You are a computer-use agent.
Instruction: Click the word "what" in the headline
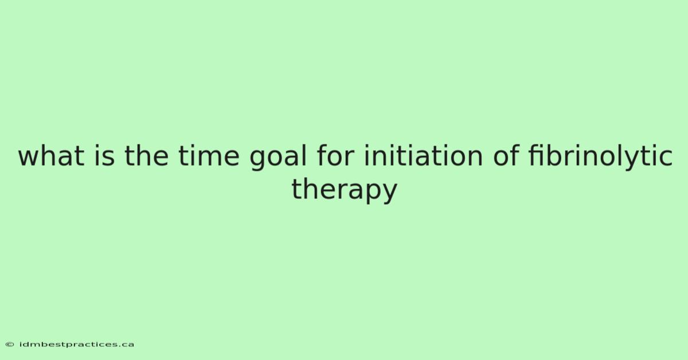pyautogui.click(x=51, y=156)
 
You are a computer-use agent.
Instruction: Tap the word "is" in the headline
pyautogui.click(x=104, y=156)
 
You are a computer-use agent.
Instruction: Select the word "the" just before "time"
pyautogui.click(x=147, y=156)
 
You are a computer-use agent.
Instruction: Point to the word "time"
pyautogui.click(x=209, y=156)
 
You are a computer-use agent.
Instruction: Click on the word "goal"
pyautogui.click(x=278, y=157)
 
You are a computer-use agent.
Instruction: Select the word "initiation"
pyautogui.click(x=423, y=156)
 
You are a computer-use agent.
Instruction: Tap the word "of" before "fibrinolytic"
pyautogui.click(x=506, y=156)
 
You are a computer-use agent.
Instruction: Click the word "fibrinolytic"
pyautogui.click(x=600, y=157)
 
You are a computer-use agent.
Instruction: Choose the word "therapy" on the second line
pyautogui.click(x=345, y=190)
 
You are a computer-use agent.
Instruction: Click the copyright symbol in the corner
pyautogui.click(x=10, y=345)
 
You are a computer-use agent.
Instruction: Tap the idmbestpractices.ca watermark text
pyautogui.click(x=77, y=345)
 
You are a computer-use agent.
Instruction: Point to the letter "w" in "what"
pyautogui.click(x=29, y=158)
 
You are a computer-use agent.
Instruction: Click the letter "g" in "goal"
pyautogui.click(x=257, y=161)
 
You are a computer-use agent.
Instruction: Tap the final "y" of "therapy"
pyautogui.click(x=389, y=194)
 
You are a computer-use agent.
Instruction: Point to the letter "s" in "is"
pyautogui.click(x=108, y=158)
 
